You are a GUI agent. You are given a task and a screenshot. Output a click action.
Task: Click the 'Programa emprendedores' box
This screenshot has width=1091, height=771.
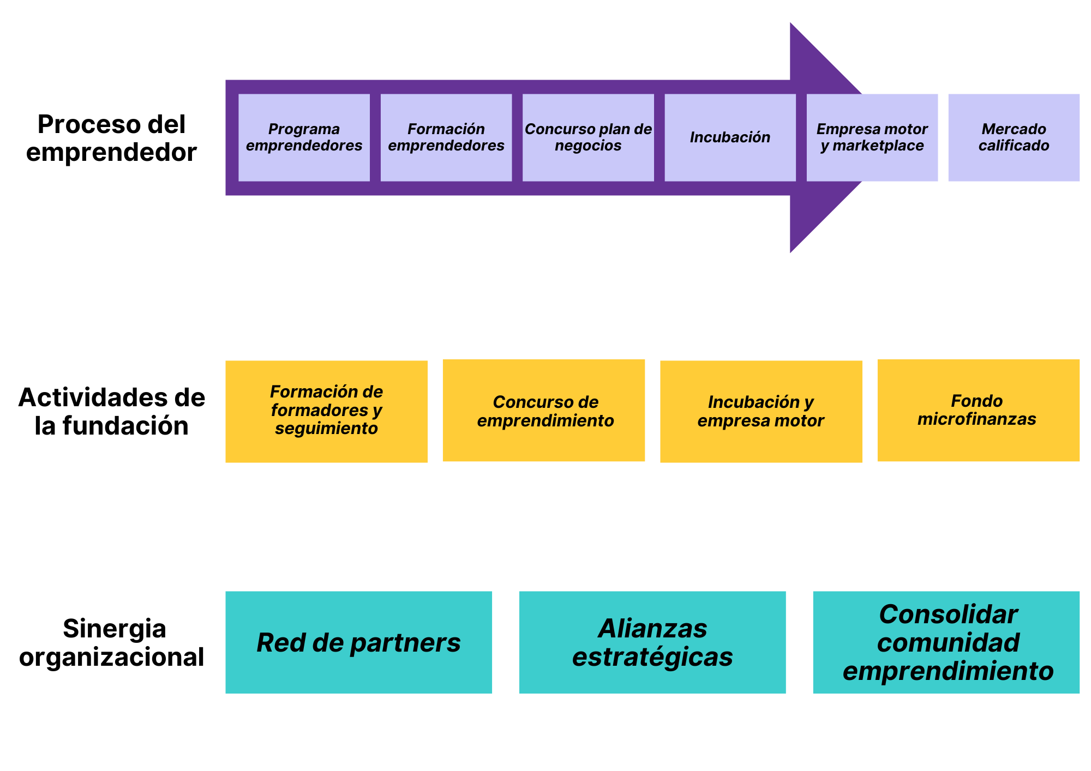coord(304,137)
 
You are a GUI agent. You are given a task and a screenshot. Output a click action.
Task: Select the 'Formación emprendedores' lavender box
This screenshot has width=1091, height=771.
coord(446,137)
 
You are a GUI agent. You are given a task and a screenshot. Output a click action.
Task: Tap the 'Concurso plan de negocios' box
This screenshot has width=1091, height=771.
coord(588,137)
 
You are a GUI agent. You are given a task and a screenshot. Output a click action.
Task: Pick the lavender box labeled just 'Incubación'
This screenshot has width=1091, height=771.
coord(730,137)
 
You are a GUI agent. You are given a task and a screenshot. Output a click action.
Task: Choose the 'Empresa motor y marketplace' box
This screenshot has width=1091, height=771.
coord(872,137)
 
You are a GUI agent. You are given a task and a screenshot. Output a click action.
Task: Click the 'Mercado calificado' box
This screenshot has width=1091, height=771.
coord(1014,137)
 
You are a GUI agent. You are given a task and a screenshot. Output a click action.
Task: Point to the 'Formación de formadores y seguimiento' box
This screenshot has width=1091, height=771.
coord(326,411)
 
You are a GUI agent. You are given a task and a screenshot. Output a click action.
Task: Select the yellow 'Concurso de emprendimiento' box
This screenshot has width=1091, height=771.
coord(543,410)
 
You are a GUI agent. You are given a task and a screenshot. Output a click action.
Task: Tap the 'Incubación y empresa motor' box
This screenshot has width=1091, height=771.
coord(761,411)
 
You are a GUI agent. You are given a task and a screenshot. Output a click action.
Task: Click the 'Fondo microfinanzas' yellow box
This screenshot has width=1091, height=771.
coord(978,410)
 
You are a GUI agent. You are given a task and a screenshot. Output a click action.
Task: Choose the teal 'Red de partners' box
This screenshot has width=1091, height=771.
coord(358,642)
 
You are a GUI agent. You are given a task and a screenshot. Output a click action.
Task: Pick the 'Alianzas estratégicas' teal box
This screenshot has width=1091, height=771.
coord(652,642)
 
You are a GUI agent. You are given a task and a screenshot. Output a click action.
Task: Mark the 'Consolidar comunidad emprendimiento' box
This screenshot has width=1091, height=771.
coord(946,642)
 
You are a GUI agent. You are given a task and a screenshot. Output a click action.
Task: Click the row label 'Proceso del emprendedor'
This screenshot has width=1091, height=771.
coord(111,138)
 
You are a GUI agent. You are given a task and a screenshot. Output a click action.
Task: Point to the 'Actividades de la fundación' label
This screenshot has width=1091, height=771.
coord(111,412)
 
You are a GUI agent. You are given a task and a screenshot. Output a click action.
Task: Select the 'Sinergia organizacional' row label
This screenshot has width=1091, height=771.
coord(112,642)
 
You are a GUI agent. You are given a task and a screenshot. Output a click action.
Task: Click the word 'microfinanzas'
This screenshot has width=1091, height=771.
coord(976,419)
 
